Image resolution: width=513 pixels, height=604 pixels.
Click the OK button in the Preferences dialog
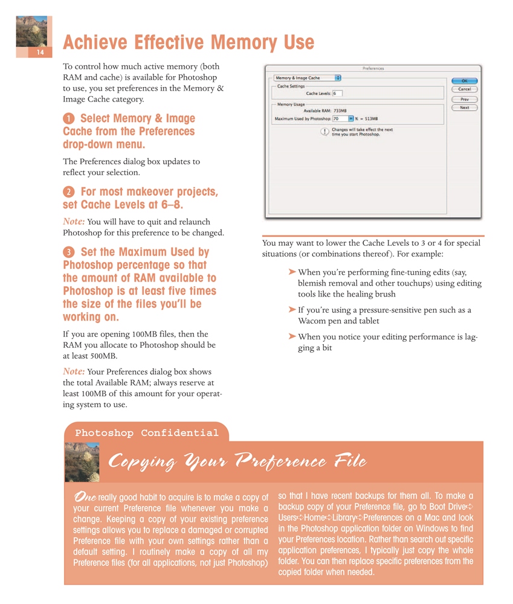tap(465, 80)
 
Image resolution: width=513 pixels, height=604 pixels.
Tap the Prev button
tap(465, 99)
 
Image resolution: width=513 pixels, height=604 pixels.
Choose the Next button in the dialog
tap(465, 108)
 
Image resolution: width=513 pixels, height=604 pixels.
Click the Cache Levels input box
tap(337, 94)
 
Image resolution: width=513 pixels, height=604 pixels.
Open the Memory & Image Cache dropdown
tap(308, 78)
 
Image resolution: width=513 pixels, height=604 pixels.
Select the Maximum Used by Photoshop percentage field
tap(340, 119)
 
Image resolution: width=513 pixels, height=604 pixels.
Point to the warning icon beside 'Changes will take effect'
tap(324, 132)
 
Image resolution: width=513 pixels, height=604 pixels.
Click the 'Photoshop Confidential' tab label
tap(146, 433)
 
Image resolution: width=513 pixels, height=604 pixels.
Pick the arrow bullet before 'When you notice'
tap(292, 336)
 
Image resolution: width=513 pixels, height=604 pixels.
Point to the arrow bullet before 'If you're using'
tap(292, 310)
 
